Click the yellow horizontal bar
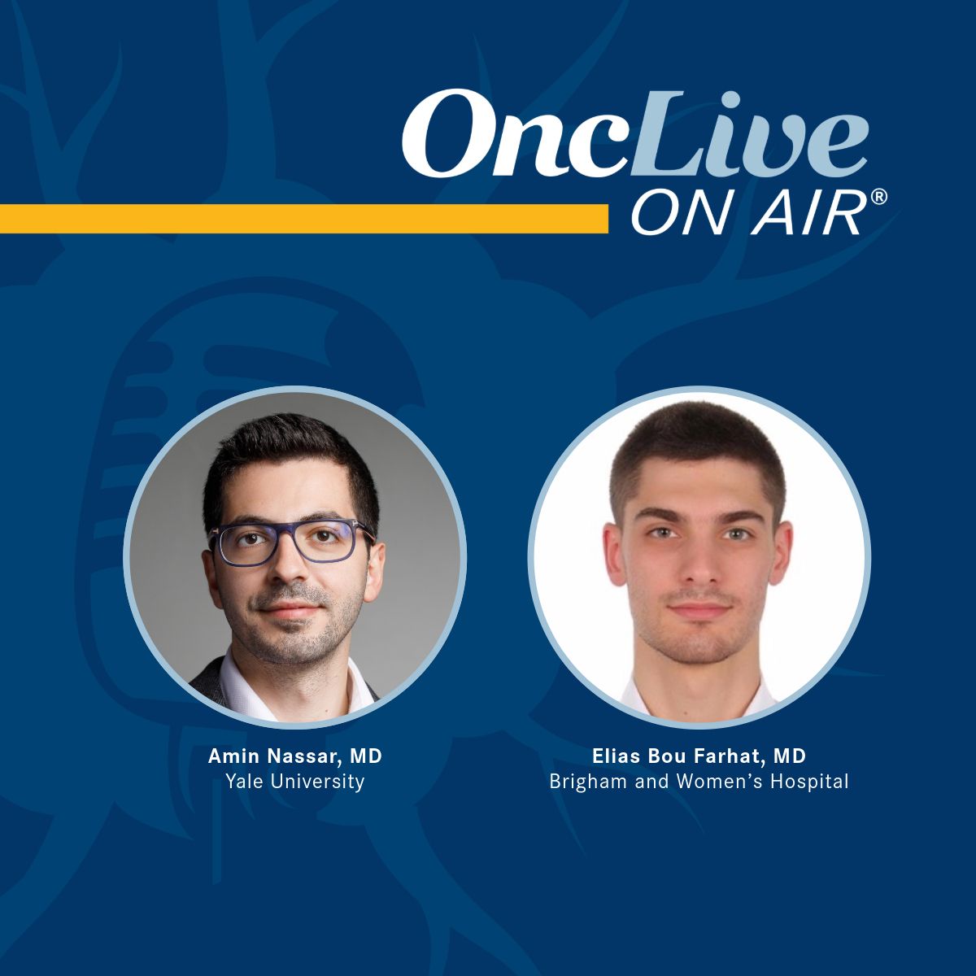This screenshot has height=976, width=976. coord(304,218)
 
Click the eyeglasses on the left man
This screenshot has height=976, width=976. coord(290,543)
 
